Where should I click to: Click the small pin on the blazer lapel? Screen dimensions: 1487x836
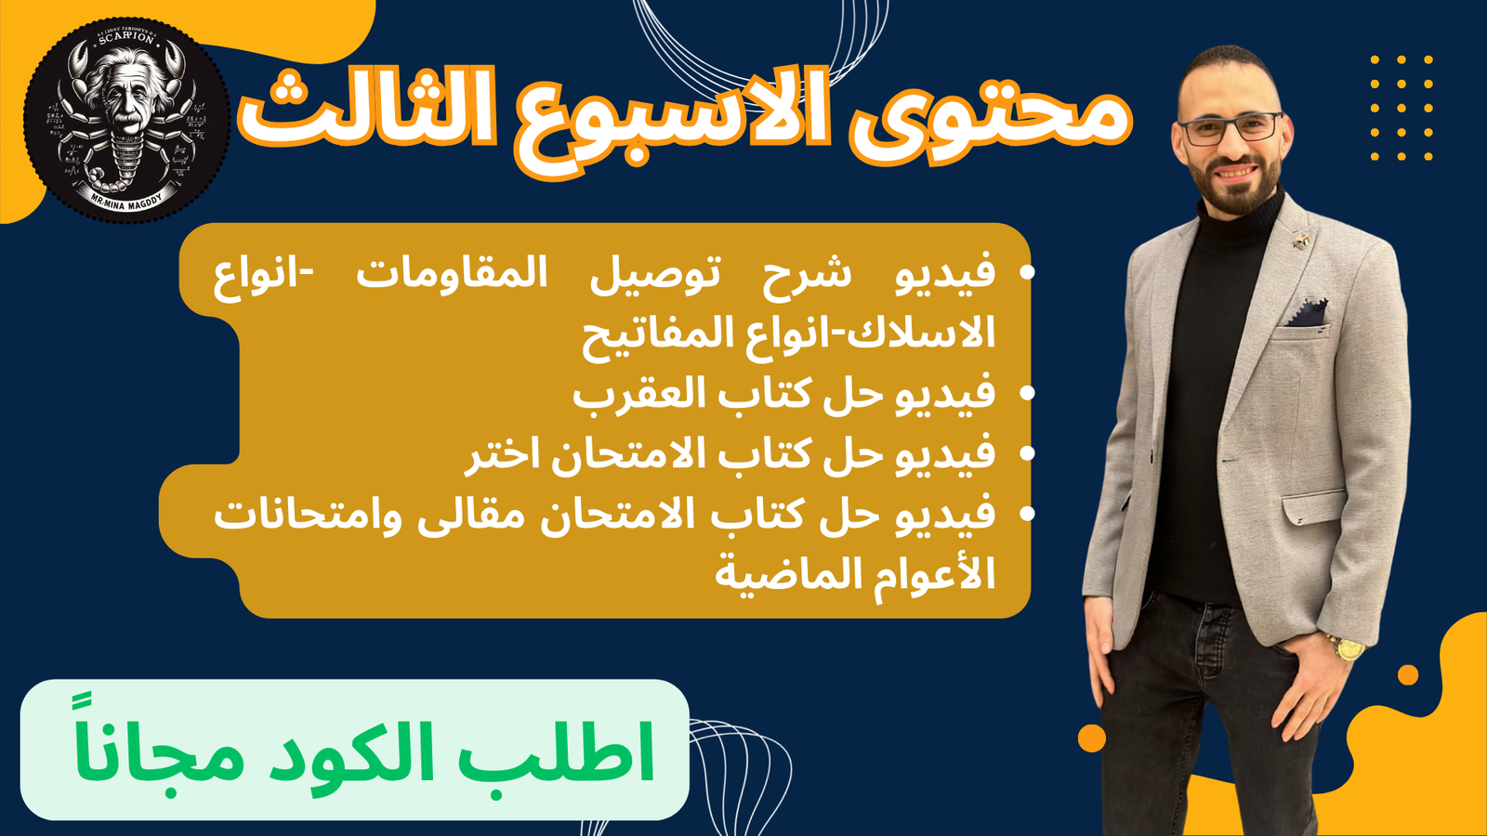click(1302, 239)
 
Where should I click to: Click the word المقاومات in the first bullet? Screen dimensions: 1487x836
click(452, 273)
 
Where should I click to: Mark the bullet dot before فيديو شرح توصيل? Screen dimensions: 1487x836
click(1027, 272)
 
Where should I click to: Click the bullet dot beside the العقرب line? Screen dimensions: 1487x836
click(1027, 394)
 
